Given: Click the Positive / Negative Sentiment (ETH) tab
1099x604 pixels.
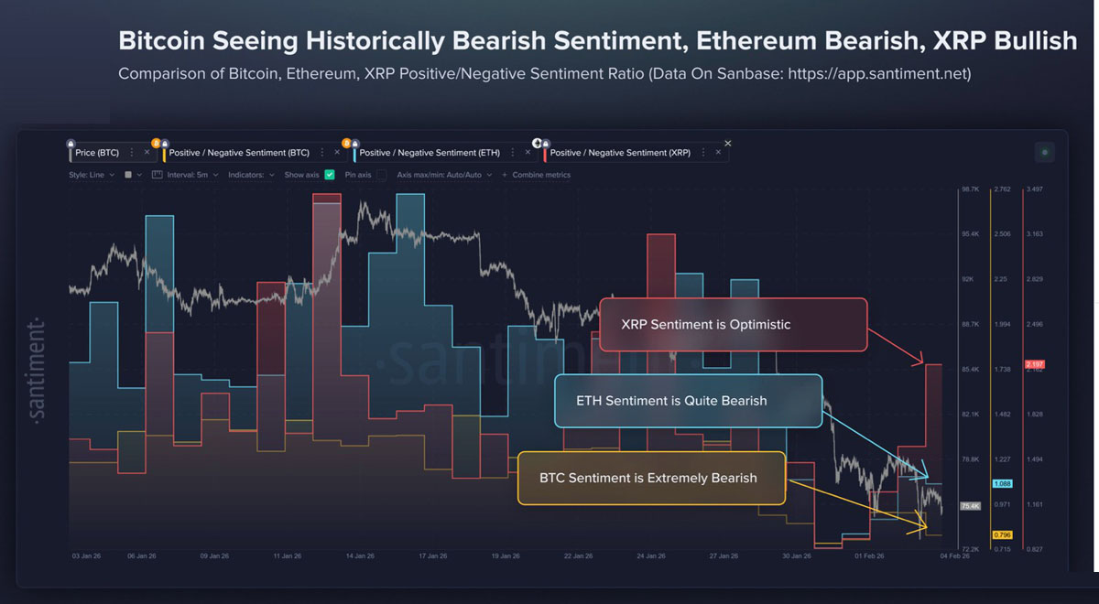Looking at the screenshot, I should coord(429,153).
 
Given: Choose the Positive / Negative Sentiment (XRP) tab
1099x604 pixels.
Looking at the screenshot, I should coord(619,153).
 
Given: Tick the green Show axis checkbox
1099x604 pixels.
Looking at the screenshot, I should coord(330,175).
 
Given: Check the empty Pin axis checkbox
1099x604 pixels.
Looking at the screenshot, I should coord(381,175).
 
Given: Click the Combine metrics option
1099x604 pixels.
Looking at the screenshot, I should coord(540,175).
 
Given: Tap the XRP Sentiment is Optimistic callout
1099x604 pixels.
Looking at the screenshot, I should coord(733,324).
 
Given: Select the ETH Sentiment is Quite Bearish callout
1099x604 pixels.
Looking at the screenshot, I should coord(688,400).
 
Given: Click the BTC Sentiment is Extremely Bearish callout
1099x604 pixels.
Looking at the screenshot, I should coord(651,478).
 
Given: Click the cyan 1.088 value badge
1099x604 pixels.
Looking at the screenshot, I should coord(1002,483).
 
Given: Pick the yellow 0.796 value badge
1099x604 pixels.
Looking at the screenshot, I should coord(1002,534).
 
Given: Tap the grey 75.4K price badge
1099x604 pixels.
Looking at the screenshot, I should coord(970,505).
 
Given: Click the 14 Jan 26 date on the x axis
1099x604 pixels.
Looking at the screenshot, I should coord(359,556).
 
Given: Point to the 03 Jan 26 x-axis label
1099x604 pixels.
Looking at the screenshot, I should coord(87,556).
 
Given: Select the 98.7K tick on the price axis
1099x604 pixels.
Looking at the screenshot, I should coord(970,189).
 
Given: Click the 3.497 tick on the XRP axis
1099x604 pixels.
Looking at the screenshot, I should coord(1037,189).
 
